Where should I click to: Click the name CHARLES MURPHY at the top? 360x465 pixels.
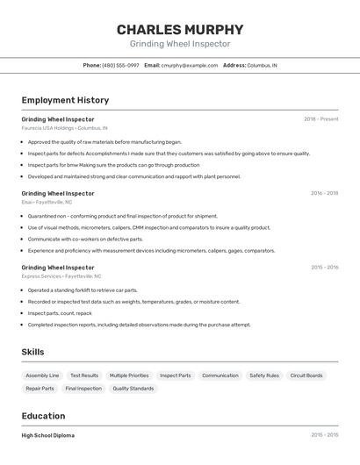tap(180, 29)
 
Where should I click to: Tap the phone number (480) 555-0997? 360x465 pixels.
tap(120, 65)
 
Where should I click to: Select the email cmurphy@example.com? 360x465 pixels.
tap(190, 65)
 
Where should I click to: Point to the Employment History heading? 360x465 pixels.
tap(65, 100)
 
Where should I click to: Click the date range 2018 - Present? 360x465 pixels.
tap(321, 118)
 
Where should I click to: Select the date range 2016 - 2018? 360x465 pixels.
tap(324, 193)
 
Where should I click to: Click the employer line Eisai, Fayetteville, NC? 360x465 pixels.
tap(47, 202)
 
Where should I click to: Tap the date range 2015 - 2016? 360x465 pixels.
tap(324, 267)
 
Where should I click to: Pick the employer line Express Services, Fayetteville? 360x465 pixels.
tap(61, 275)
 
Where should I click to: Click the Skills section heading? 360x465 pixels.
tap(33, 352)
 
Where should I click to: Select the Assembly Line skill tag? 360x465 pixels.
tap(42, 376)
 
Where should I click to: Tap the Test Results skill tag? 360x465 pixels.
tap(84, 376)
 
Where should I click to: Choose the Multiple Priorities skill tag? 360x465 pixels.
tap(129, 376)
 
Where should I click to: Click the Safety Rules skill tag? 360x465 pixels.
tap(264, 376)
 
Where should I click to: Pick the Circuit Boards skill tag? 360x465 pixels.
tap(306, 376)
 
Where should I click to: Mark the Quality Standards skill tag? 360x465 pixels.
tap(133, 388)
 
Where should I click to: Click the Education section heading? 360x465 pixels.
tap(43, 416)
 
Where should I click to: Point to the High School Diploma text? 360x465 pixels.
tap(48, 435)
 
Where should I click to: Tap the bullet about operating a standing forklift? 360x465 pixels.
tap(83, 290)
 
